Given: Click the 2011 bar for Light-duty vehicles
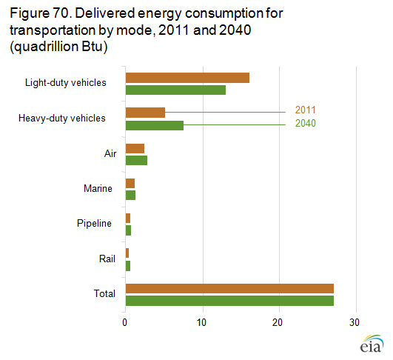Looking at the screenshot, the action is (x=187, y=78).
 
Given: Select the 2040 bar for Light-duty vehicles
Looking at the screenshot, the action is (x=175, y=90).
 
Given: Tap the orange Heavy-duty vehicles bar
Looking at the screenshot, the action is (x=145, y=113).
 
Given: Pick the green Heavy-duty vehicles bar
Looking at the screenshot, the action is (x=155, y=125).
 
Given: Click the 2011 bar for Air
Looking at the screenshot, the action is (x=135, y=148).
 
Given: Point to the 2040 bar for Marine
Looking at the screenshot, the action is (x=130, y=195).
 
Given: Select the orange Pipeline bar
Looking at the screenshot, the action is (x=128, y=219).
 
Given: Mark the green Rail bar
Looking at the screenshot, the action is (x=128, y=266).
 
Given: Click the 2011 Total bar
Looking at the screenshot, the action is (x=230, y=288).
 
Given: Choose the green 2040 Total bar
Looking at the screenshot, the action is (x=230, y=301).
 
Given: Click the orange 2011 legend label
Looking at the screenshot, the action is (x=305, y=110).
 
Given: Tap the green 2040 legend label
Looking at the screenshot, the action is (x=305, y=123).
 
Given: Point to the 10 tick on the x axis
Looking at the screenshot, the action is (x=201, y=323).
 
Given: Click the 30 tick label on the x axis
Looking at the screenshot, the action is (x=355, y=323).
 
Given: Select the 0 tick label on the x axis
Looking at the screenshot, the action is (x=124, y=323).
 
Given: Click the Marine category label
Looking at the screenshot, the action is (x=98, y=188).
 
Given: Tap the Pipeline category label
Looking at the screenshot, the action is (x=94, y=223).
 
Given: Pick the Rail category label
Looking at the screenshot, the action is (x=107, y=259).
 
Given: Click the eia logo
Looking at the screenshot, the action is (x=372, y=344).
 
